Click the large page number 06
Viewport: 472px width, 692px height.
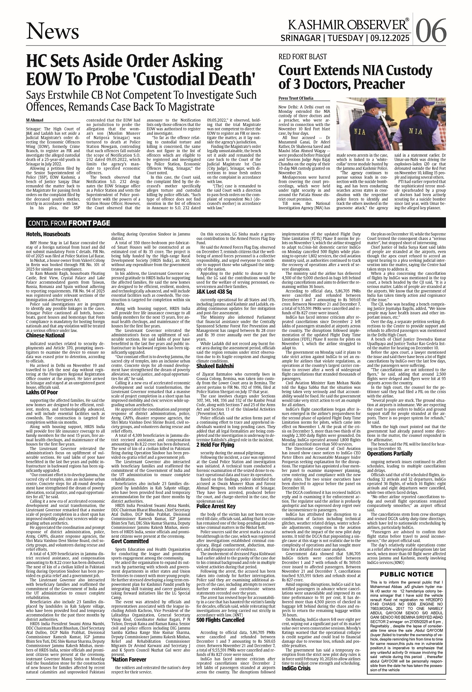(x=431, y=30)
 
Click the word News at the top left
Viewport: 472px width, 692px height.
(x=53, y=31)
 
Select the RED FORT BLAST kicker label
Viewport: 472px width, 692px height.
(x=303, y=57)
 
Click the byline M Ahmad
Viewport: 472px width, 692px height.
(x=34, y=120)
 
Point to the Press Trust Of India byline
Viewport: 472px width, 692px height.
(x=296, y=99)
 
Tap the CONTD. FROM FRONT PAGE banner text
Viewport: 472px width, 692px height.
(x=69, y=223)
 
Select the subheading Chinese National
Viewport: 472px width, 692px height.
(x=45, y=335)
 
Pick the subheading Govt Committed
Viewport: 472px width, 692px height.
(x=130, y=541)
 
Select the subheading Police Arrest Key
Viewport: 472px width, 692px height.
(x=216, y=506)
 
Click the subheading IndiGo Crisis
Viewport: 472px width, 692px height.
(x=296, y=668)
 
